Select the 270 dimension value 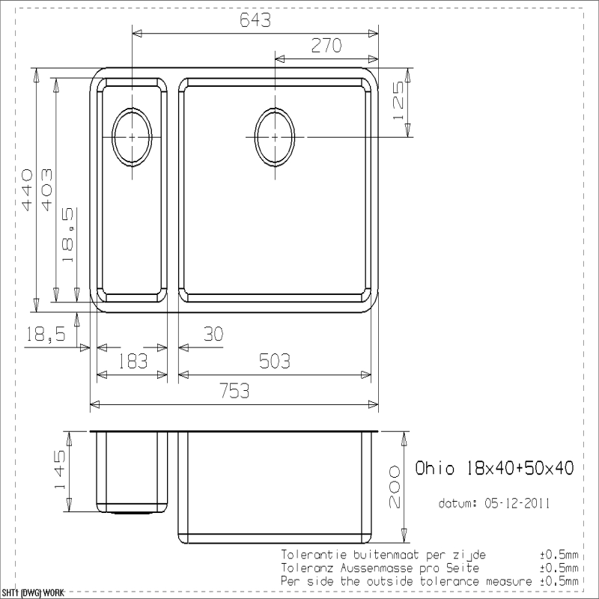click(326, 46)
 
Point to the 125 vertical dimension click(399, 101)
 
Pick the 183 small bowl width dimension click(133, 361)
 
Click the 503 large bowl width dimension click(275, 361)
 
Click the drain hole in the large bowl click(274, 137)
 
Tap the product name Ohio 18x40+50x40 click(494, 468)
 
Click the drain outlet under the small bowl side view click(132, 512)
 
